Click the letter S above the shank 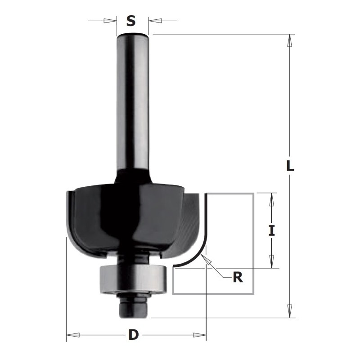tap(130, 21)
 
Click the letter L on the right tap(290, 166)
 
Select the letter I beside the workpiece tap(271, 230)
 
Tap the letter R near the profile tap(238, 278)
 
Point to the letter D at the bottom tap(133, 335)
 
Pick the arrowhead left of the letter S tap(109, 21)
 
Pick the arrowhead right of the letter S tap(155, 21)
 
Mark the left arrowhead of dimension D tap(73, 335)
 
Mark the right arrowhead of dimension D tap(200, 335)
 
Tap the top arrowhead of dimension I tap(271, 199)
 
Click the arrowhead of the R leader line tap(206, 258)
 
